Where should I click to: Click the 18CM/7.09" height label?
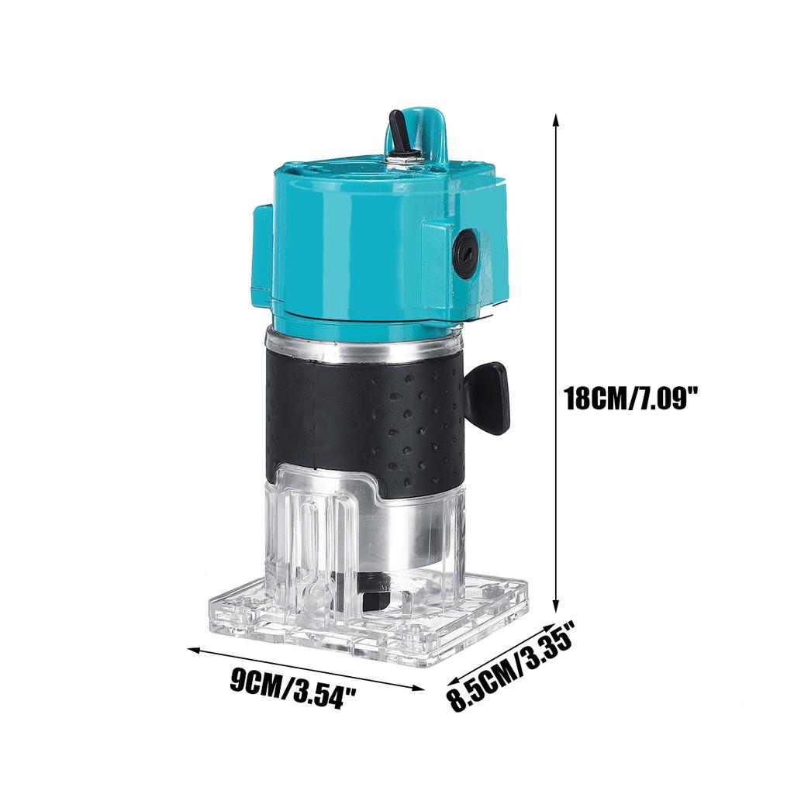632,399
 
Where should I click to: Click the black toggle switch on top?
399,133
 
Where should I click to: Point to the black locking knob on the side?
488,397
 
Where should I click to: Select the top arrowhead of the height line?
555,119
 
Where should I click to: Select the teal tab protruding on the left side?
262,256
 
